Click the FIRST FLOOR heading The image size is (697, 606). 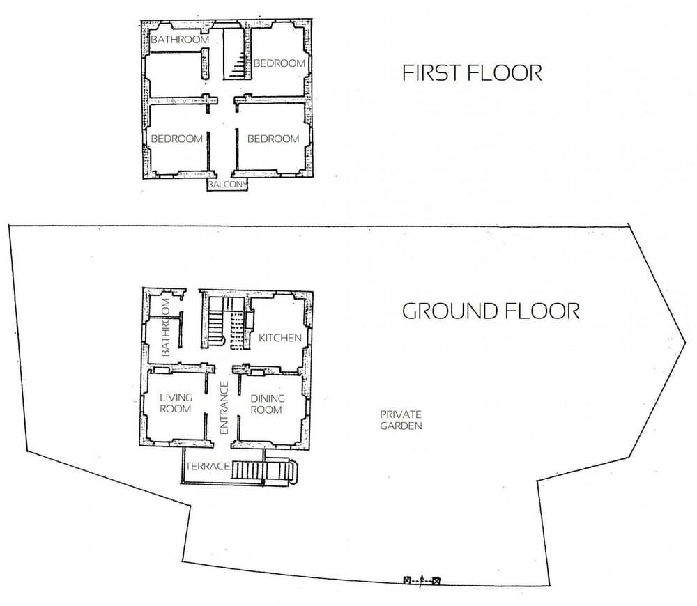point(472,73)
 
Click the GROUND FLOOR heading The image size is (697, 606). point(491,311)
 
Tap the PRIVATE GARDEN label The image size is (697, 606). point(401,419)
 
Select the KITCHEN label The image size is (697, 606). point(280,338)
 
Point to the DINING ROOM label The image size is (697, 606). point(268,404)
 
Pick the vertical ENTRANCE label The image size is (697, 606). point(224,409)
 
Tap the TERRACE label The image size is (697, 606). point(207,466)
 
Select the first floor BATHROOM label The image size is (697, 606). point(180,40)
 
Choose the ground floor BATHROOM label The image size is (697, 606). point(166,327)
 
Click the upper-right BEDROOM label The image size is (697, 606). point(279,63)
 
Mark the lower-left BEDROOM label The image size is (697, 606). point(177,139)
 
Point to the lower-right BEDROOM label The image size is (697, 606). point(273,139)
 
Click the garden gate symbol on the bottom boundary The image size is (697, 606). point(421,580)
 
